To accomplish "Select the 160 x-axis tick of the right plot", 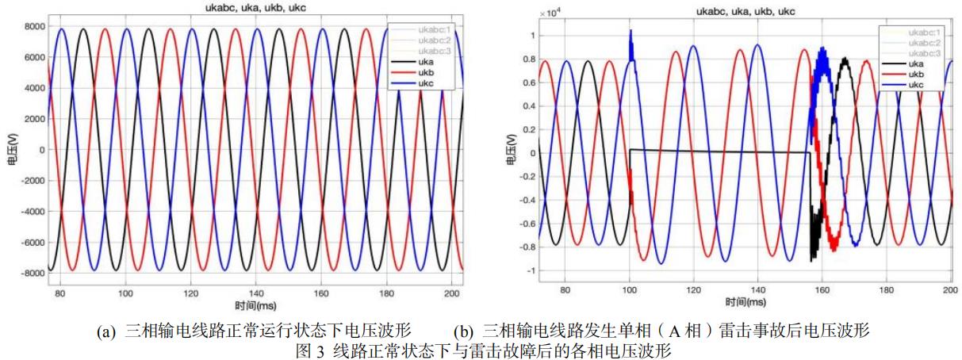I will click(x=822, y=290).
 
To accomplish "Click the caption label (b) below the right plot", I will click(x=464, y=331).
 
